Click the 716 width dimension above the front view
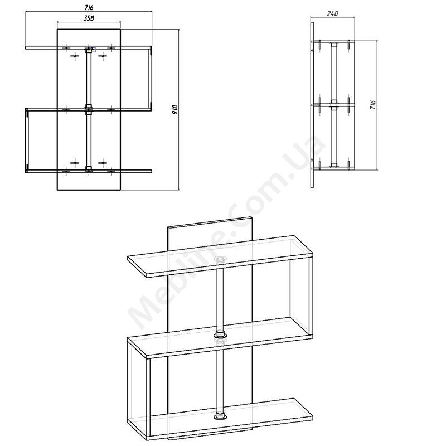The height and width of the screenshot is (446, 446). coord(89,7)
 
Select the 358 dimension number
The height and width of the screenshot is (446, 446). coord(89,18)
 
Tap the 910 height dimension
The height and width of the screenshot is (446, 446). coord(175,109)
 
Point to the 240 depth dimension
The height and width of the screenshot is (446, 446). coord(333,13)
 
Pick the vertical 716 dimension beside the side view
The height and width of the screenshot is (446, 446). coord(373,105)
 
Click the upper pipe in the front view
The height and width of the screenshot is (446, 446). coord(89,78)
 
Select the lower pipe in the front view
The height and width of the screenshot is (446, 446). coord(89,140)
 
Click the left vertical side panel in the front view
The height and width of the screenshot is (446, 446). coord(27,140)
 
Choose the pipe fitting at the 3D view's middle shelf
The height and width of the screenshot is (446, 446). coord(220,334)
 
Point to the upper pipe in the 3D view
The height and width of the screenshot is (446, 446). coord(220,300)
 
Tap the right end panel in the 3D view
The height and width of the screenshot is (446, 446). coord(302,287)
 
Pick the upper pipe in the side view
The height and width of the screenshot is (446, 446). coord(334,74)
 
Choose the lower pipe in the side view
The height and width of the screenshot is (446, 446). coord(334,137)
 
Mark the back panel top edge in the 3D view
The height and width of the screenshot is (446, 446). coord(210,222)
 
